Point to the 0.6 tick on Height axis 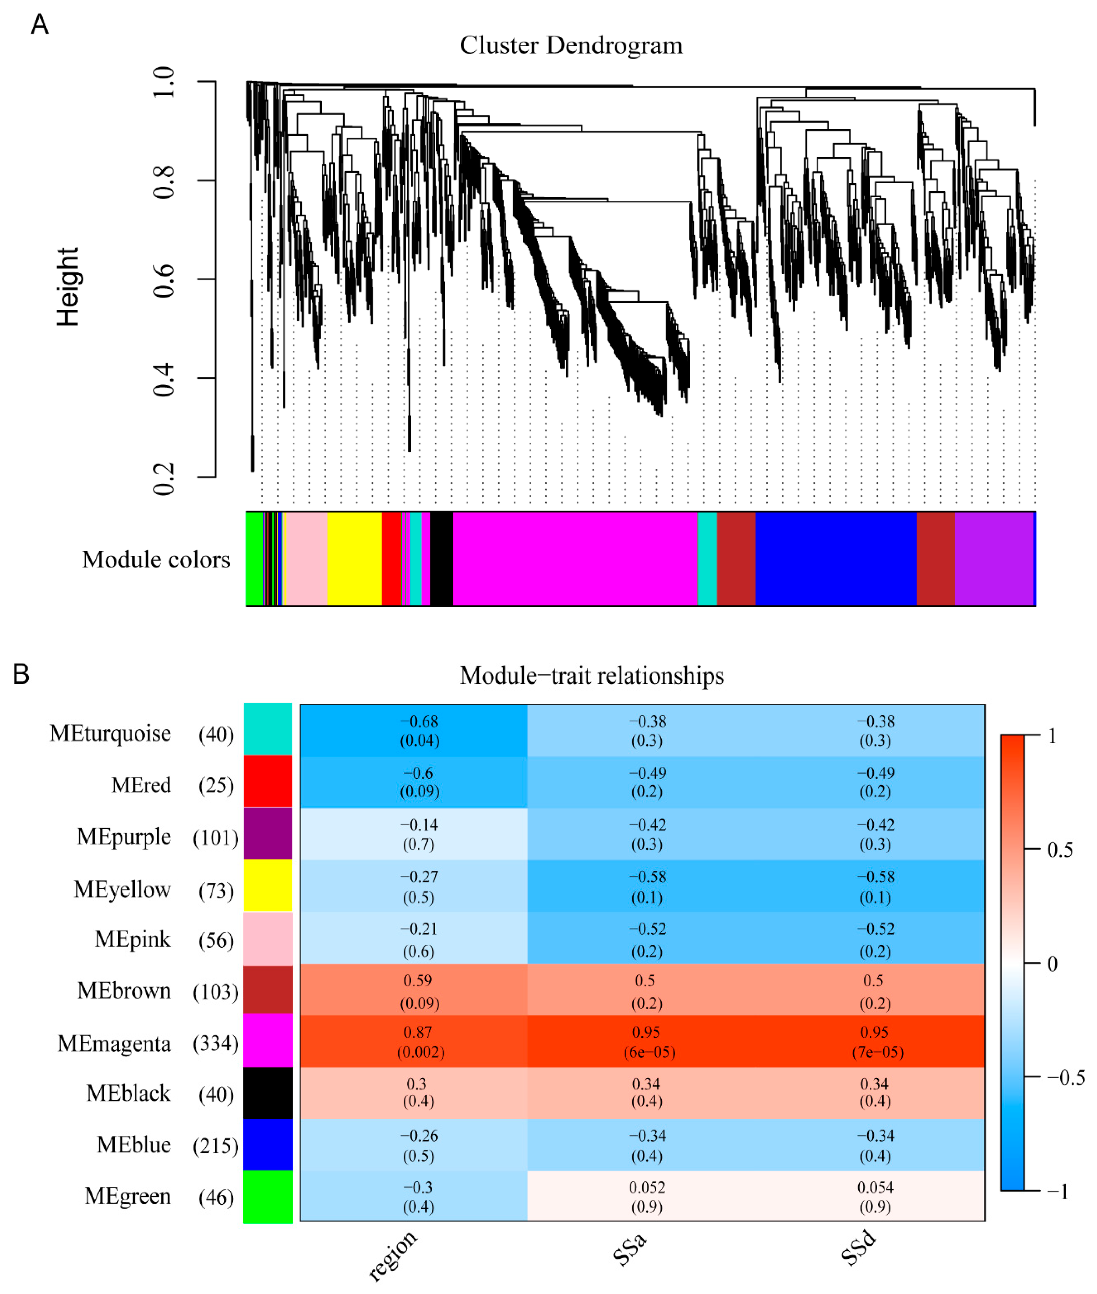point(163,280)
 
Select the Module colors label point(156,560)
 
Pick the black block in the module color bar point(442,558)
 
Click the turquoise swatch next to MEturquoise point(267,729)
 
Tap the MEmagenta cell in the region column point(414,1042)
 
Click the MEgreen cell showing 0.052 point(647,1196)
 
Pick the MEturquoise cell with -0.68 point(414,730)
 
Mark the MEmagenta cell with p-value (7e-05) point(875,1042)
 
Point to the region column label point(392,1255)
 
